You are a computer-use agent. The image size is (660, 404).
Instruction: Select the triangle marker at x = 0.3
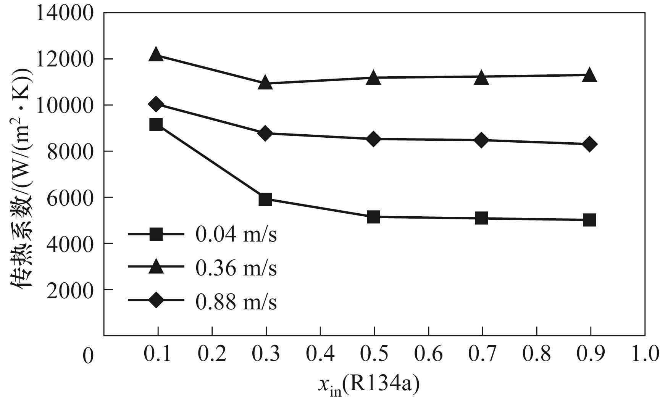click(265, 83)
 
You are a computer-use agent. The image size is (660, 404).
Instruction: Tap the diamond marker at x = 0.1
click(156, 104)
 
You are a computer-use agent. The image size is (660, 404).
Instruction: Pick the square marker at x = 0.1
click(156, 124)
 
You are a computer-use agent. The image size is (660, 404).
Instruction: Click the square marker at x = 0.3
click(265, 199)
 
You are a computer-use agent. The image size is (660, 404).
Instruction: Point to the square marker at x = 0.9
click(590, 220)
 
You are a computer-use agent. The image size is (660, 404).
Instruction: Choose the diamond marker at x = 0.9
click(590, 144)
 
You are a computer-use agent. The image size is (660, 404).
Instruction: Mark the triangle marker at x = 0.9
click(590, 75)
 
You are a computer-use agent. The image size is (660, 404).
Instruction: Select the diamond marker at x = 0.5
click(374, 139)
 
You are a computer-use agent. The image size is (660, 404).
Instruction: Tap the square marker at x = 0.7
click(482, 219)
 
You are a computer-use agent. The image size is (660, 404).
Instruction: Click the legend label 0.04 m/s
click(236, 235)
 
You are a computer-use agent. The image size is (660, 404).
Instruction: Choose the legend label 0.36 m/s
click(236, 268)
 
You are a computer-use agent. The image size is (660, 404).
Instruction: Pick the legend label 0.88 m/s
click(236, 302)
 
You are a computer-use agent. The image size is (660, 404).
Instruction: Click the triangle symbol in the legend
click(157, 267)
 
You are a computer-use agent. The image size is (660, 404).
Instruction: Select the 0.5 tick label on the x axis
click(374, 354)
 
